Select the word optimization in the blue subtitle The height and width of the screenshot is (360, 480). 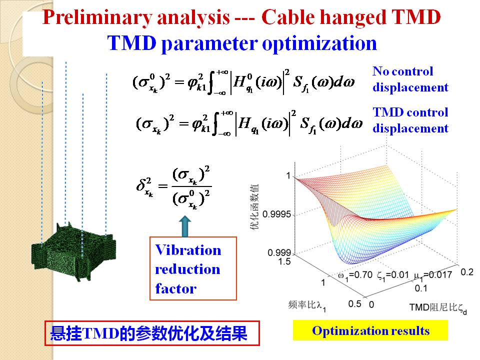319,43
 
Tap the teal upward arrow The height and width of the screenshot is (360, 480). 185,226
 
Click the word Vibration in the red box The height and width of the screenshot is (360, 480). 188,250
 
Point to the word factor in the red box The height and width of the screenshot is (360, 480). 175,288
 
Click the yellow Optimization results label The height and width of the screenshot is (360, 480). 370,330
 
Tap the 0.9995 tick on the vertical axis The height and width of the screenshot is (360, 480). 276,214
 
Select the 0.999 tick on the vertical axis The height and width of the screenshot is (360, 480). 279,252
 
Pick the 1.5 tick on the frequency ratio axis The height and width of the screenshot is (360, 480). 284,261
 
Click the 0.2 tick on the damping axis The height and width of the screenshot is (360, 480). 467,272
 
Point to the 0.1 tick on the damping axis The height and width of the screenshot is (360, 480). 421,288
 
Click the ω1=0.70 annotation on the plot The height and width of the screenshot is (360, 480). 355,275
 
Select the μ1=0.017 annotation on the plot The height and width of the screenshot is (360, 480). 432,275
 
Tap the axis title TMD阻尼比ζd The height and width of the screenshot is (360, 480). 438,308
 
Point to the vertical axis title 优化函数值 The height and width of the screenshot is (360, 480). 254,206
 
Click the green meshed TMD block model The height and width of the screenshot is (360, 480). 73,251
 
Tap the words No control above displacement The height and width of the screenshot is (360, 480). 402,71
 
